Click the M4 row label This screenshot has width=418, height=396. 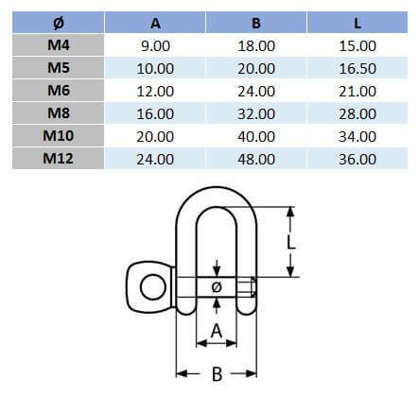pos(58,44)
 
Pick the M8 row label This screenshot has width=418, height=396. pos(58,112)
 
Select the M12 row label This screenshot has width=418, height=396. pos(58,158)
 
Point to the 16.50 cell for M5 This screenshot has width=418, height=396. pos(356,67)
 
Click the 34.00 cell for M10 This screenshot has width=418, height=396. pos(356,135)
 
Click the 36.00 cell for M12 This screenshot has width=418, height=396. pos(356,158)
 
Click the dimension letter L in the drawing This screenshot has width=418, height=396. pos(293,242)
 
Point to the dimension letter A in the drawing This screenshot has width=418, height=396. pos(216,330)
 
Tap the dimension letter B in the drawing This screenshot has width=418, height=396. pos(216,373)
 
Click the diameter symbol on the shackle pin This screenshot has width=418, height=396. pos(217,285)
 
